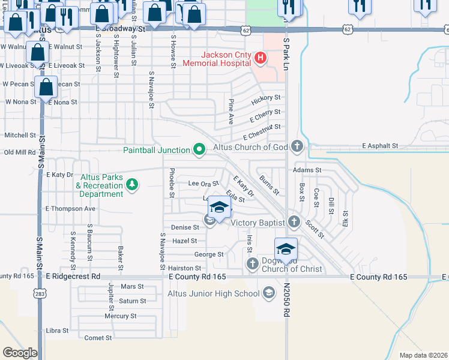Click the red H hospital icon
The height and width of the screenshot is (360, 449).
[x=261, y=58]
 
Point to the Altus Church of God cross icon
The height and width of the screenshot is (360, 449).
[x=296, y=146]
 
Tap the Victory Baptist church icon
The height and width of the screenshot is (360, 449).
[x=294, y=221]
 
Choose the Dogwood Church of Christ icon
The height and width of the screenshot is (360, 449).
[x=252, y=263]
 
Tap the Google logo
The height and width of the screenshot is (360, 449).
[x=20, y=353]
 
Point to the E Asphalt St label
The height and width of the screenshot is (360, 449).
[x=380, y=146]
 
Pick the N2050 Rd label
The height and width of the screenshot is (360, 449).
[x=287, y=300]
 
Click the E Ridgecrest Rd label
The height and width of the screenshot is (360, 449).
[x=73, y=277]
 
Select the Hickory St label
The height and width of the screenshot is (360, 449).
[x=267, y=97]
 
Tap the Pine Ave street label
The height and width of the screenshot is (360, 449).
[x=231, y=112]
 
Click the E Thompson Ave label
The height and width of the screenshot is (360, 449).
[x=70, y=208]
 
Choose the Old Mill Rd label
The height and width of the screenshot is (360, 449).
[x=20, y=152]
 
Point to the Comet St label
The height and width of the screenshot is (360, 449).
[x=98, y=338]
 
